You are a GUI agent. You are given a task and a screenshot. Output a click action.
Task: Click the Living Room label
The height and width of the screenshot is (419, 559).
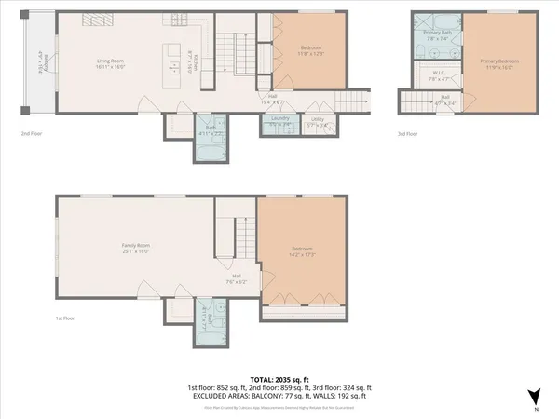click(111, 63)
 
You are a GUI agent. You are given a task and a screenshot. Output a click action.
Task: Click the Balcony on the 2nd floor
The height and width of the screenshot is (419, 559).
click(40, 63)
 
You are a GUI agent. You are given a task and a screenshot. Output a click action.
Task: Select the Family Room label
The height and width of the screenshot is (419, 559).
click(136, 247)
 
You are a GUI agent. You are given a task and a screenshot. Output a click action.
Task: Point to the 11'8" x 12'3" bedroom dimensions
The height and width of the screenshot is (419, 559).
click(311, 54)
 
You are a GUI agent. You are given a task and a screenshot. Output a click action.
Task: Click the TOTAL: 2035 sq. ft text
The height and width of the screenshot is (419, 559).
click(279, 378)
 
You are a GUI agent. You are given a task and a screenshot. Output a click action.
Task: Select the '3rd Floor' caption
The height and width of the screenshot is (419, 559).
click(405, 133)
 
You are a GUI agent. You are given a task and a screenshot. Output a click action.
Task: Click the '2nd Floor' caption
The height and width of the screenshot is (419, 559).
click(34, 133)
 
